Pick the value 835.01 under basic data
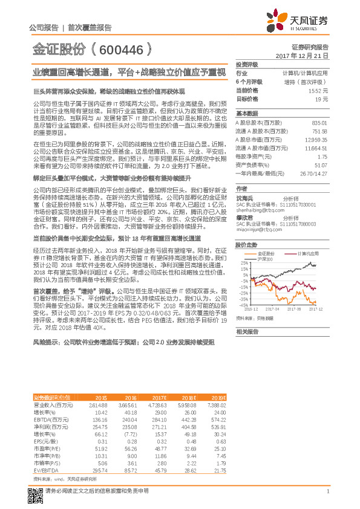(x=319, y=122)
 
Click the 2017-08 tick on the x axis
(x=294, y=307)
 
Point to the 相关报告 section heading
(x=247, y=331)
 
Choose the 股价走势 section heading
(x=247, y=245)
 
